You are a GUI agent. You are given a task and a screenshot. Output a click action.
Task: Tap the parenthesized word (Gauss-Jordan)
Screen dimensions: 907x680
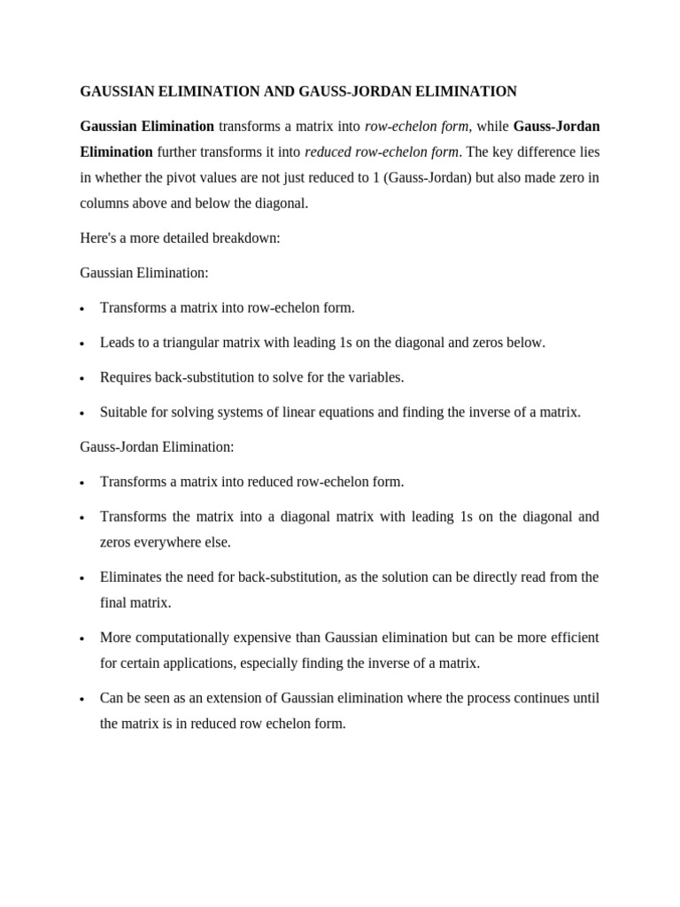click(x=428, y=177)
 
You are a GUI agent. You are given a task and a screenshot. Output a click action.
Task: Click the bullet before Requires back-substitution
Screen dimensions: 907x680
click(x=82, y=378)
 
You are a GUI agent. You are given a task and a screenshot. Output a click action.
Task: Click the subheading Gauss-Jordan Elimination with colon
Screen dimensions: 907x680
click(x=157, y=446)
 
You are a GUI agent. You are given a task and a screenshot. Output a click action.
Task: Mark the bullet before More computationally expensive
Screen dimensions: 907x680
click(x=82, y=639)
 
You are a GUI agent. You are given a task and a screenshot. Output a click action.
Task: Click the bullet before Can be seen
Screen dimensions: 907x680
click(x=82, y=699)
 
